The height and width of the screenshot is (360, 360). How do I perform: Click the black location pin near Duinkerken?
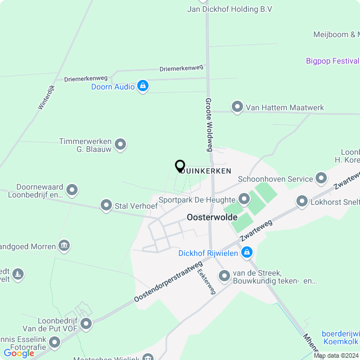(x=180, y=166)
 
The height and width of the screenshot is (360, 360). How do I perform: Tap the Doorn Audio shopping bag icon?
(x=143, y=86)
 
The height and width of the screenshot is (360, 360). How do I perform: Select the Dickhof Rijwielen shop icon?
(x=246, y=254)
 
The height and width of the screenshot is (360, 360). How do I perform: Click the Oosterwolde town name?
(x=211, y=217)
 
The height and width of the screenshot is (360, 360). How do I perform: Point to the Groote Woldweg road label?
(x=209, y=124)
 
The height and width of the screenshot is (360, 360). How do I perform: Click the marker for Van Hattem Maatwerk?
(x=237, y=106)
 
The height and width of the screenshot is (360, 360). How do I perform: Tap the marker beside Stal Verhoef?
(x=106, y=206)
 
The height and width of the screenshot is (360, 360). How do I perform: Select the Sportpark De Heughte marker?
(x=244, y=199)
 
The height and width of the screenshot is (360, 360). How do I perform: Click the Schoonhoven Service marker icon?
(x=321, y=179)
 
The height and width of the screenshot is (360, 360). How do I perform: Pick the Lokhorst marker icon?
(x=302, y=201)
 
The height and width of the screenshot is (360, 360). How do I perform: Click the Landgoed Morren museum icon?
(x=64, y=246)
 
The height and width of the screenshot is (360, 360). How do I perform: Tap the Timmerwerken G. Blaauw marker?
(x=120, y=145)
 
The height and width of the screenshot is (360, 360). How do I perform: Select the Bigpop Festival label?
(x=332, y=61)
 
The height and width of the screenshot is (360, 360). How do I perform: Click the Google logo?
(x=18, y=353)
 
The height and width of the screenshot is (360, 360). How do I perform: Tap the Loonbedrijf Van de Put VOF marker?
(x=86, y=323)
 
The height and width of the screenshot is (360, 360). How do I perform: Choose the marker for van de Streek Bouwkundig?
(x=224, y=276)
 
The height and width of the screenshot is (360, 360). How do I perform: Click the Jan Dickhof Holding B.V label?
(x=229, y=9)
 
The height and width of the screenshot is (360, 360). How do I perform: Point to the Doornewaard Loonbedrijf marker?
(x=71, y=191)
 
